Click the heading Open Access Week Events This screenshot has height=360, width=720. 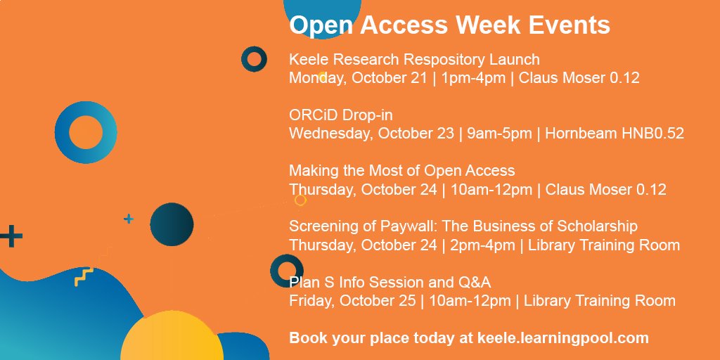[449, 25]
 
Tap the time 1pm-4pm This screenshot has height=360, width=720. [473, 77]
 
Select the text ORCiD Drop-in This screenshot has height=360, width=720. [335, 115]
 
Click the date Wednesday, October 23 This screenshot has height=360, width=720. [371, 134]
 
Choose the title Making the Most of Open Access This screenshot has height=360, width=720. [401, 171]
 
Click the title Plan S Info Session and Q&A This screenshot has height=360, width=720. [390, 283]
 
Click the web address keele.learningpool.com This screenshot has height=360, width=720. [562, 338]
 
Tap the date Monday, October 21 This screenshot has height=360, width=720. [358, 77]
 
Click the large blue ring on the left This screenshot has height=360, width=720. [85, 132]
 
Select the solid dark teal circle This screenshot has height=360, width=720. [172, 224]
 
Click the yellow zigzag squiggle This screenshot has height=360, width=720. [84, 276]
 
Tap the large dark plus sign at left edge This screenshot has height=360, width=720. [10, 236]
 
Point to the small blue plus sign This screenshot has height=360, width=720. [128, 219]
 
